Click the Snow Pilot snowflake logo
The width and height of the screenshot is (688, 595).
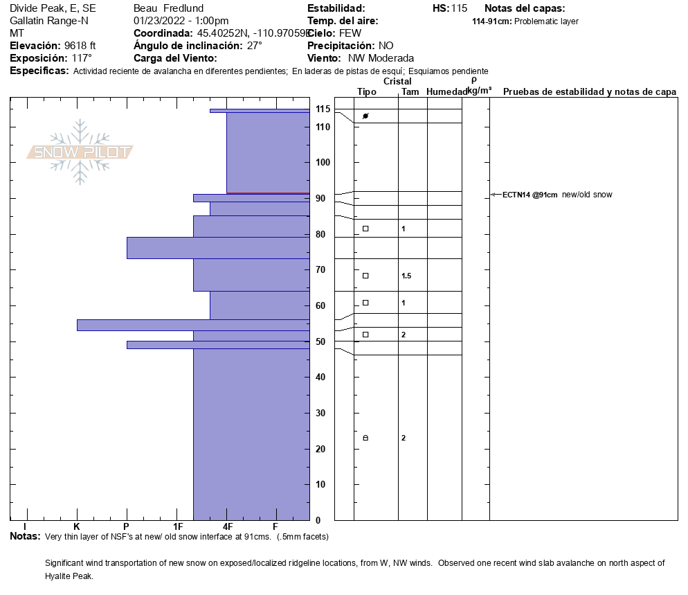tap(80, 152)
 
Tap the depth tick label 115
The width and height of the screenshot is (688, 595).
tap(323, 109)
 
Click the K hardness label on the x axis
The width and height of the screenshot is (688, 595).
tap(77, 526)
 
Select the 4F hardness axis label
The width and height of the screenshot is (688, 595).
tap(227, 526)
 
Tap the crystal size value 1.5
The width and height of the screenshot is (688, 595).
tap(406, 276)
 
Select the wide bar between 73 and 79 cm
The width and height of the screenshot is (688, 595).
tap(217, 247)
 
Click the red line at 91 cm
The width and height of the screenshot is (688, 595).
tap(268, 193)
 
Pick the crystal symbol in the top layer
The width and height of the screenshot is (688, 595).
tap(365, 116)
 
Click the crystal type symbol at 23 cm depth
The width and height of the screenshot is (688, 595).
tap(365, 438)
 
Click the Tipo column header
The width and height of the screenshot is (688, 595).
tap(367, 92)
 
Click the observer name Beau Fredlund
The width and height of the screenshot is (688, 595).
tap(168, 8)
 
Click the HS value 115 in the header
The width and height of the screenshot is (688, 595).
tap(459, 8)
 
